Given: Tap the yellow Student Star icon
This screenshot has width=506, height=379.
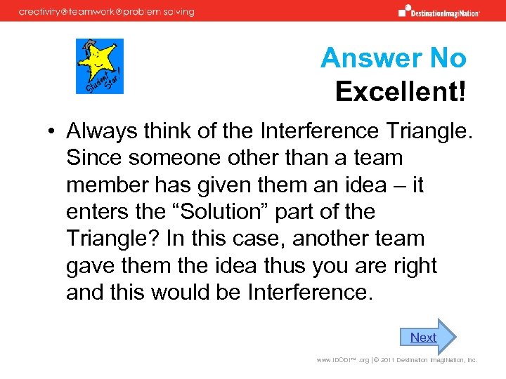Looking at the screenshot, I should [100, 66].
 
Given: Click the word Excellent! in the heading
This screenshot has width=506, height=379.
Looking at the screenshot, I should [400, 91].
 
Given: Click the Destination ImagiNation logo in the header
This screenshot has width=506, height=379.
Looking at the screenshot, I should [439, 11].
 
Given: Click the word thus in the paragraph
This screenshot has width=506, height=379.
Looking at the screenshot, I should [301, 266].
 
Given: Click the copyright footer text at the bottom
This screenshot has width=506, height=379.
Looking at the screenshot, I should [396, 360].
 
